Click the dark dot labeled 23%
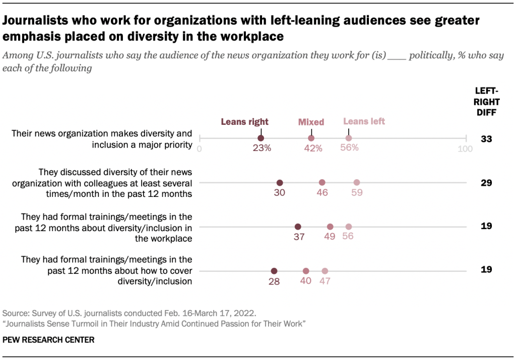pos(261,138)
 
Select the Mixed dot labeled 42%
pos(311,138)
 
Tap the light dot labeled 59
pos(357,183)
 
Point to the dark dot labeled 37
pos(298,227)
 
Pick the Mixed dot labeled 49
pos(330,227)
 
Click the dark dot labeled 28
pos(274,271)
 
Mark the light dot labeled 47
pos(325,271)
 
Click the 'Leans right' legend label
pos(245,122)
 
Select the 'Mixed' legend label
pos(311,122)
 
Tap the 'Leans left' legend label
pos(364,121)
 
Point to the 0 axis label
pos(200,149)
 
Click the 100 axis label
pos(465,149)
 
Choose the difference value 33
pos(486,138)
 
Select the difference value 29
pos(486,183)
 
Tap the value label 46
pos(322,192)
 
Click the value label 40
pos(306,281)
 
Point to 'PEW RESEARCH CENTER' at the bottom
pos(48,340)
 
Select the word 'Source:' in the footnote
pos(15,312)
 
